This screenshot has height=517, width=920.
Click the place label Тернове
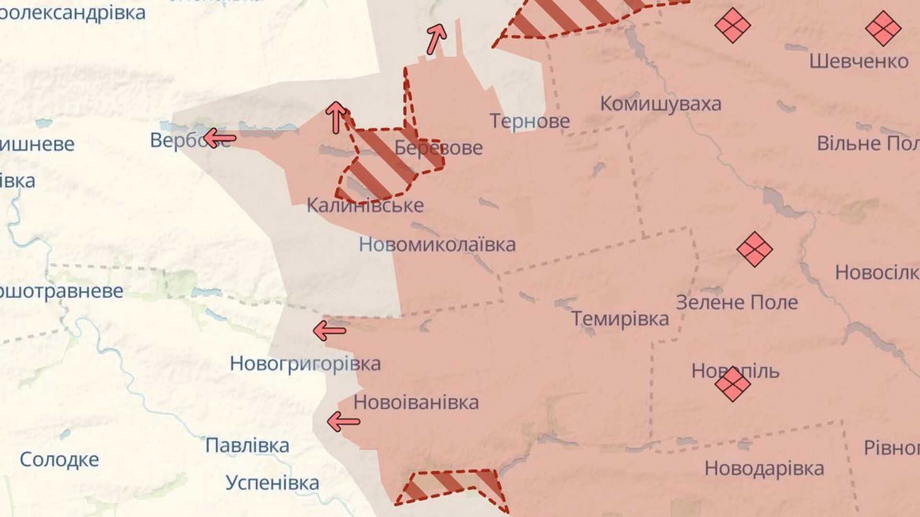(529, 121)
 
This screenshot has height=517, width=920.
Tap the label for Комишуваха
(660, 104)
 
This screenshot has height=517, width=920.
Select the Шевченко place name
(859, 61)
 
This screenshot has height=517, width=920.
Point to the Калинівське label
(365, 205)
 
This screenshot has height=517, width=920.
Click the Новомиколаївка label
(437, 245)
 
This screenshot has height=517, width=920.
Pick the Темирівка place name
(620, 319)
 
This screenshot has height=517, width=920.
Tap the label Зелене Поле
(737, 303)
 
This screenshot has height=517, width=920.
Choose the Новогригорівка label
(305, 364)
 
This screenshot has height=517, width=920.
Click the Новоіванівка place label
(416, 403)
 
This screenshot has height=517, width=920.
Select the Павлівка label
(247, 446)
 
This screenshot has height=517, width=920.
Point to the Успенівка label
(272, 483)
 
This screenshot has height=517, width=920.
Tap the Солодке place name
(59, 460)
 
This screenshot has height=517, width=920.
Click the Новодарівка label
(764, 468)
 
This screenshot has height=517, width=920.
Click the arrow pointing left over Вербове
(219, 139)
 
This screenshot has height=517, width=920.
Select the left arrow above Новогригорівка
(329, 330)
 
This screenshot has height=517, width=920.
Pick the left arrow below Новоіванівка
(343, 422)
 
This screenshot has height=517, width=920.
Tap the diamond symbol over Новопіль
(733, 384)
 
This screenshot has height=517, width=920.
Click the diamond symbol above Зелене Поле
(755, 249)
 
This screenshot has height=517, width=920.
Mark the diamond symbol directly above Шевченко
(883, 28)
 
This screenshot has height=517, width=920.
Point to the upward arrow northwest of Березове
(336, 117)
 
